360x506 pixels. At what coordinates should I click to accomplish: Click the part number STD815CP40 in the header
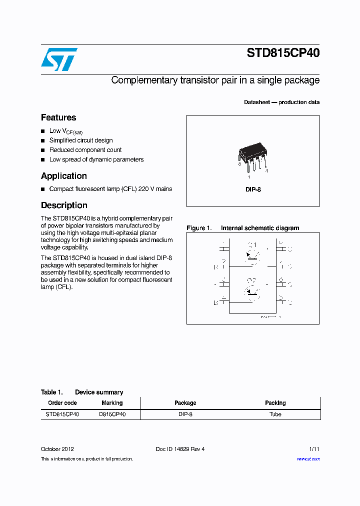tap(282, 53)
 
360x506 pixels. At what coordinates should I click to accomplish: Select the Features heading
tap(58, 117)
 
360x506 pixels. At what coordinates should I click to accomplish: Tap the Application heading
tap(64, 176)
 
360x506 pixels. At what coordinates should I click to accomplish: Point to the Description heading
tap(64, 205)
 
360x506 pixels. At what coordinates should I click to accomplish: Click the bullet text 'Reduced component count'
tap(85, 150)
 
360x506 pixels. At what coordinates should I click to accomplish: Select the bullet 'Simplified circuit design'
tap(81, 140)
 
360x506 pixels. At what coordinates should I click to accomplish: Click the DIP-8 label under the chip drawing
tap(253, 189)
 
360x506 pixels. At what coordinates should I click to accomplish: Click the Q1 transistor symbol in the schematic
tap(252, 253)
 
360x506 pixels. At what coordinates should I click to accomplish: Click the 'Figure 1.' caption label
tap(199, 228)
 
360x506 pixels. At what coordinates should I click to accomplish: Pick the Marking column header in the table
tap(112, 403)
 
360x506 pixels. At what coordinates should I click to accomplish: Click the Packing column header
tap(275, 403)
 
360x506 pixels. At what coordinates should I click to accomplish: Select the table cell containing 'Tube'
tap(275, 414)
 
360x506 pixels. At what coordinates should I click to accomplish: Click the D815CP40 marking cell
tap(112, 414)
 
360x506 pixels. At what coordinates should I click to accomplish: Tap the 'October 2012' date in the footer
tap(57, 449)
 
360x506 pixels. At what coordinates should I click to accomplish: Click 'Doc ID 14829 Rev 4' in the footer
tap(180, 449)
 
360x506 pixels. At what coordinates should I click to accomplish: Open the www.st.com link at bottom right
tap(308, 458)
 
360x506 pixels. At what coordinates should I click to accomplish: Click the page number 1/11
tap(314, 449)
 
